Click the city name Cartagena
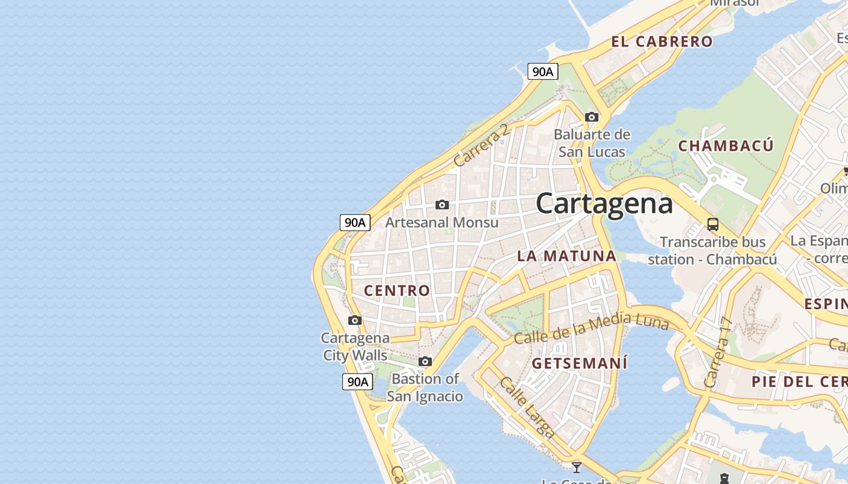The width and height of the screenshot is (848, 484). tap(604, 203)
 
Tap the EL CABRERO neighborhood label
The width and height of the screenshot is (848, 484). tap(662, 42)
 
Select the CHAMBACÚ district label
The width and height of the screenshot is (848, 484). tap(726, 146)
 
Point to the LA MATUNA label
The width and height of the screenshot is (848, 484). tap(566, 256)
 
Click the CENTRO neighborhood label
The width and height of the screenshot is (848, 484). tap(397, 290)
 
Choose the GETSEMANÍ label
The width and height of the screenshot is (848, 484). tap(580, 364)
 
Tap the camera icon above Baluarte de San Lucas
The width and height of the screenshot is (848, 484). tap(592, 117)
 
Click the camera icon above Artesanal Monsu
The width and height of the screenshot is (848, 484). tap(442, 204)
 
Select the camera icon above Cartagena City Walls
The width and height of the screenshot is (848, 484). tap(355, 320)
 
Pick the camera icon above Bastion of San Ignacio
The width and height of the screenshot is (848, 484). tap(425, 361)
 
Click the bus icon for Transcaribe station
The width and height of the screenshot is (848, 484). tap(713, 224)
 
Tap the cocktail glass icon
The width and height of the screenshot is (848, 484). tap(577, 467)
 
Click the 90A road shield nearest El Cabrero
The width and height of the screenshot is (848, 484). tap(542, 71)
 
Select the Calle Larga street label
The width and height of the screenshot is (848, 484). tap(527, 407)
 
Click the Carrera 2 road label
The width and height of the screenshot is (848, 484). tap(482, 145)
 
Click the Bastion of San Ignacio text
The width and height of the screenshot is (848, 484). tap(425, 388)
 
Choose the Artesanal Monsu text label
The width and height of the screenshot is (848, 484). tap(442, 223)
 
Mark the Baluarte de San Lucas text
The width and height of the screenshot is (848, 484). tap(592, 143)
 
